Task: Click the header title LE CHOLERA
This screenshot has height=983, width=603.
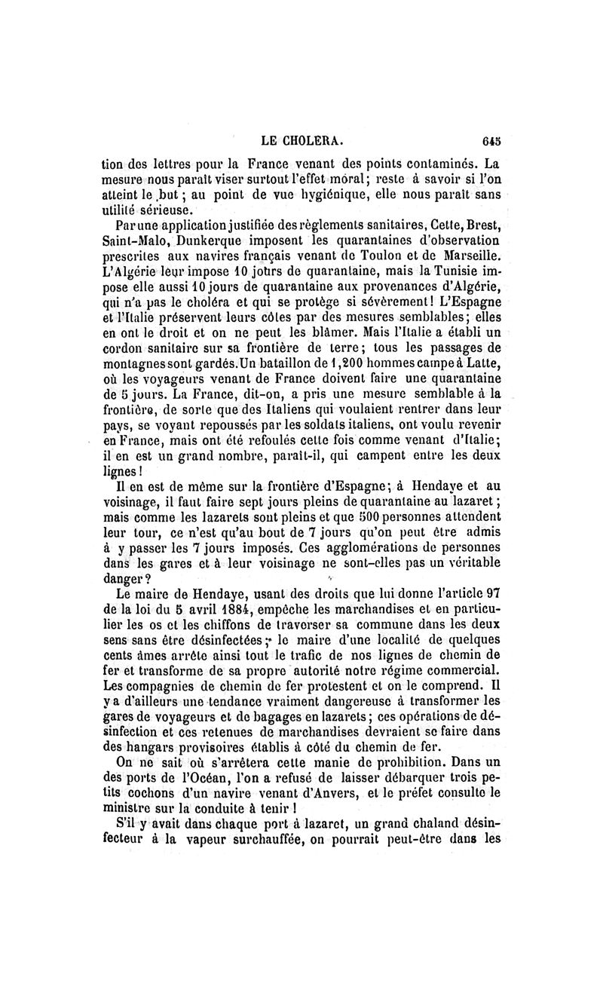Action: click(x=302, y=139)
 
